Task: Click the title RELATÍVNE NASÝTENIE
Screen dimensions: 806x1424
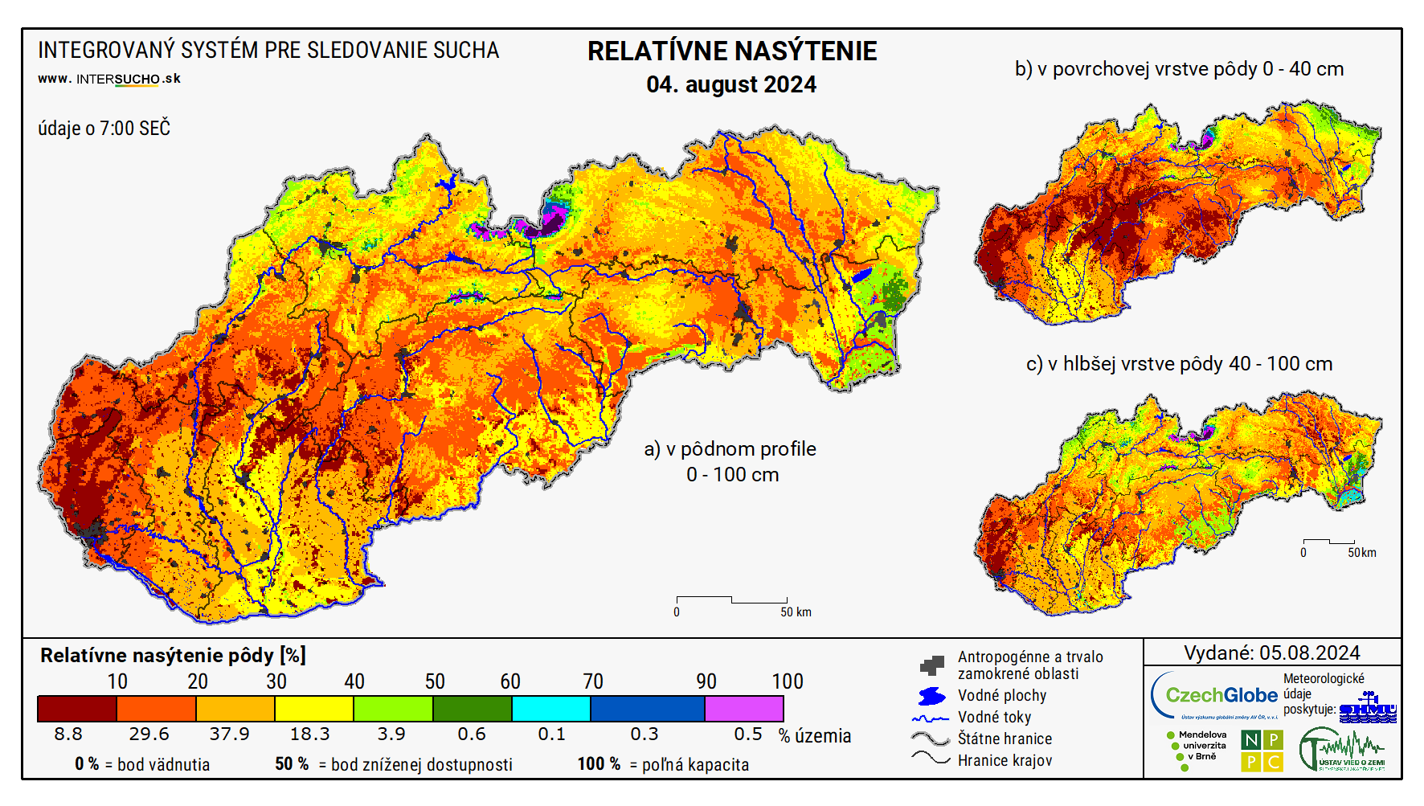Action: pos(731,51)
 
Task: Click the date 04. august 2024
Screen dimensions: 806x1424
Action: pos(730,84)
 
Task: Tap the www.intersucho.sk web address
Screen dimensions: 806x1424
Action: pos(109,79)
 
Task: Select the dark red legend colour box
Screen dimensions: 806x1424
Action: pos(77,709)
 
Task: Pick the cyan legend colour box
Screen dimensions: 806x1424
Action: pos(550,709)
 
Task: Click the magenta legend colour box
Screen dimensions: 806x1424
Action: pos(743,709)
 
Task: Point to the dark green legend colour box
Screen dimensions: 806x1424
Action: pos(472,709)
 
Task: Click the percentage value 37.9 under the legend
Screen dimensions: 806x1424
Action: pos(229,734)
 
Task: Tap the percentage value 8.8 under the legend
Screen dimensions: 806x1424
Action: pos(68,734)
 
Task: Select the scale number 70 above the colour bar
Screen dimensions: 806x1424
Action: pos(592,681)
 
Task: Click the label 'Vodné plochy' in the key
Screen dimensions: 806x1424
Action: pos(1001,695)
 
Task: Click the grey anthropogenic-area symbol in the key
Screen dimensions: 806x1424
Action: pos(931,665)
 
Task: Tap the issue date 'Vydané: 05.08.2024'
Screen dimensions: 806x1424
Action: pos(1271,653)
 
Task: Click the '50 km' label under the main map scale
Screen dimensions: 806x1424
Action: pos(795,612)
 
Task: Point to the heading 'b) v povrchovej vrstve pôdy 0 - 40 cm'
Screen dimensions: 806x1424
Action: pos(1179,69)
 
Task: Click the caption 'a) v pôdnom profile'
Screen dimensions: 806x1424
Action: pos(730,449)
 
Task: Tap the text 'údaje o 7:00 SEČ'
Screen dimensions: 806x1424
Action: pos(104,129)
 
